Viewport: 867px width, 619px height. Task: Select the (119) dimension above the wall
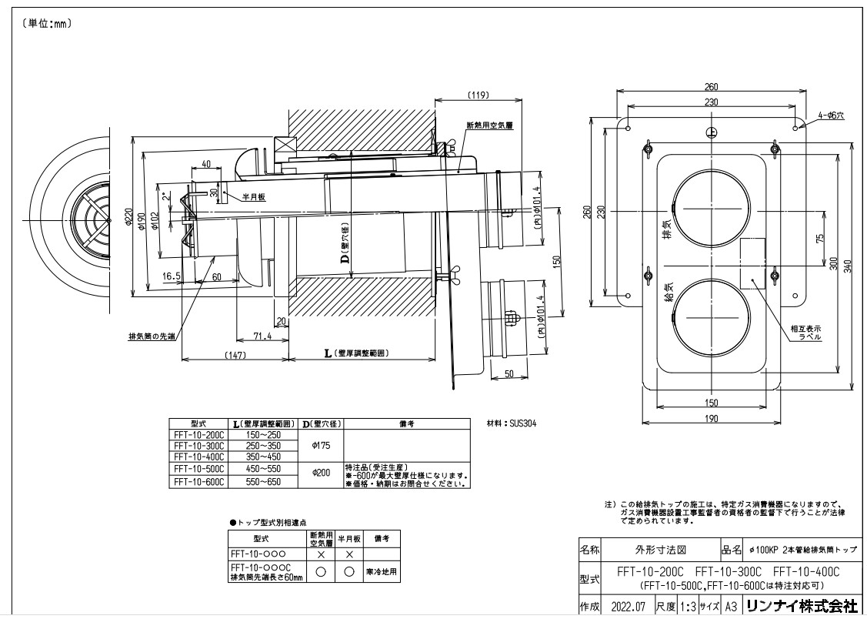pos(479,95)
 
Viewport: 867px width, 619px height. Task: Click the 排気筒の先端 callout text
pos(152,337)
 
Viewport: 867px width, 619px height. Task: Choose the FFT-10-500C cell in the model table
pos(198,467)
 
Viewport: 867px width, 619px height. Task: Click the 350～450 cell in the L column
pos(262,457)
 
